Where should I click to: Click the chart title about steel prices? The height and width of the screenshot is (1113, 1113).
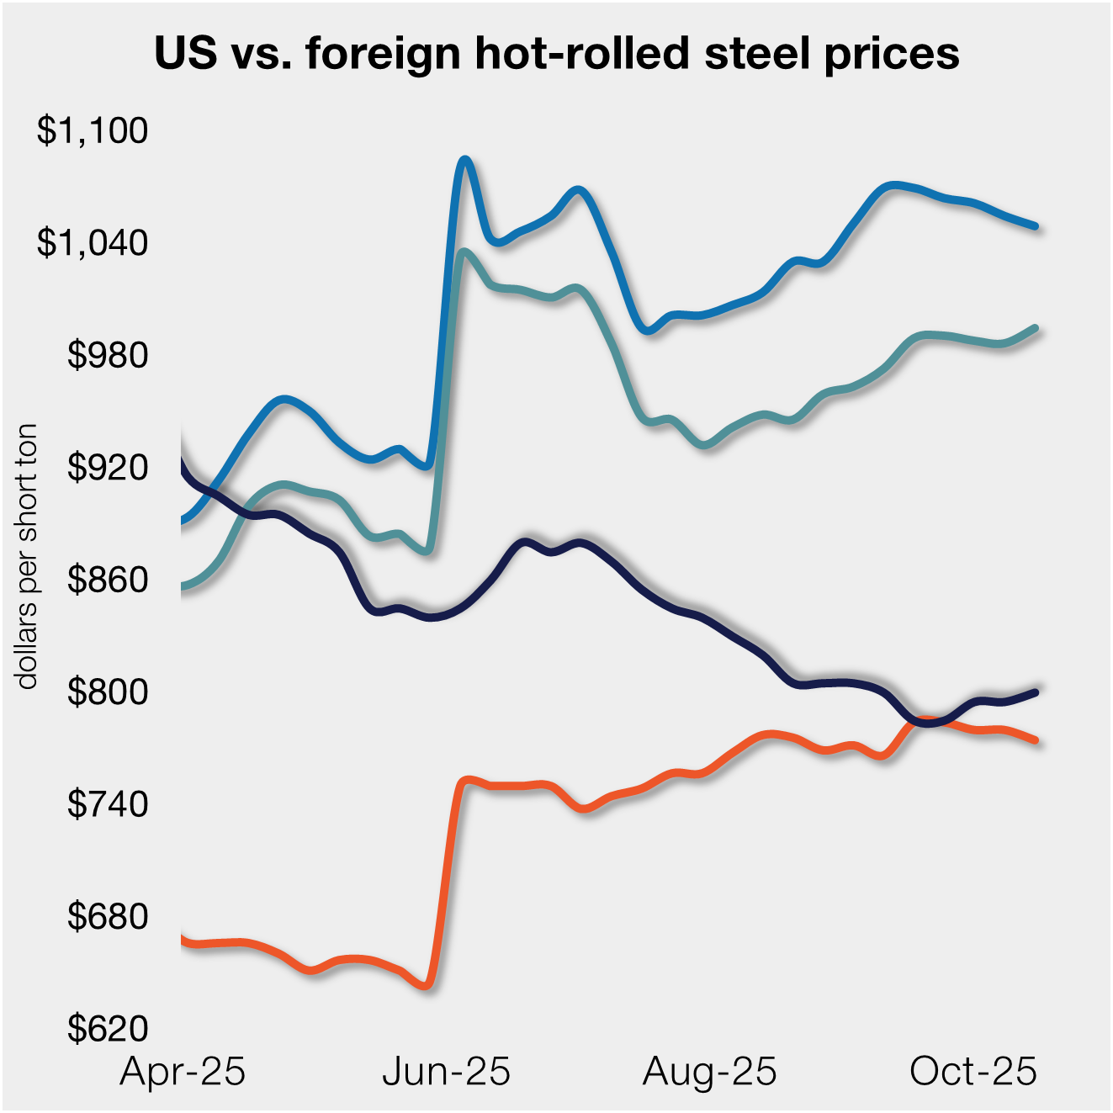click(556, 54)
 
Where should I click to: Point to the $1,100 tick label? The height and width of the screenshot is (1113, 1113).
click(92, 130)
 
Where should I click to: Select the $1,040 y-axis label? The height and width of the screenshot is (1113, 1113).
click(92, 242)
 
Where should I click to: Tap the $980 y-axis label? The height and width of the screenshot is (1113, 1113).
click(107, 355)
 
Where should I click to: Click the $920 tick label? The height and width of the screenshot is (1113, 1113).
click(107, 467)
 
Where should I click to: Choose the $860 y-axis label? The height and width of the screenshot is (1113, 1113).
click(107, 580)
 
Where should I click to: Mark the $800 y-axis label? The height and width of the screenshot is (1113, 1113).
click(107, 692)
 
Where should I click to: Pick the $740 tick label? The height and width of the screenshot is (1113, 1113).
click(107, 804)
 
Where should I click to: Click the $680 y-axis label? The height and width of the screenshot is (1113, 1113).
click(107, 916)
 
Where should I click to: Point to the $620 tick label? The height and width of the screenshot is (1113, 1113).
click(107, 1029)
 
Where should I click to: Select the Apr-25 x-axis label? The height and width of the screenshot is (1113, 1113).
click(183, 1072)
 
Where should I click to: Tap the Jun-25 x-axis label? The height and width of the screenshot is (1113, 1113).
click(446, 1072)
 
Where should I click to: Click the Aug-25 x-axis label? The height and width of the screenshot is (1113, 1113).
click(709, 1072)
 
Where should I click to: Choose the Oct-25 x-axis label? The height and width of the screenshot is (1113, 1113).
click(973, 1072)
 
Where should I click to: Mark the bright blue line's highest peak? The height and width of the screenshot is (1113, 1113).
click(464, 159)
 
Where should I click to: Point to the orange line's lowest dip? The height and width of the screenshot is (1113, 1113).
click(427, 985)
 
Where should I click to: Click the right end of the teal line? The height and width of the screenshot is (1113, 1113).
click(1036, 327)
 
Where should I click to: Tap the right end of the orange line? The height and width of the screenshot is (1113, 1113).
click(1036, 740)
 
